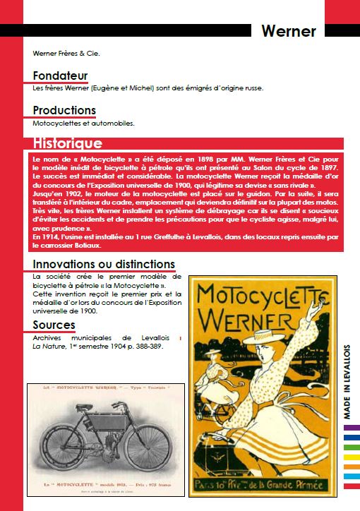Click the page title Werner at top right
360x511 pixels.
[x=288, y=31]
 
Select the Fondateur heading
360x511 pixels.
[x=60, y=76]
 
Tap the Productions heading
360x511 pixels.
[x=64, y=110]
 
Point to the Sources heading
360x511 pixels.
[x=54, y=325]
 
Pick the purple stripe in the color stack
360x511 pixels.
[x=351, y=428]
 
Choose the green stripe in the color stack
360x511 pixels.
[x=351, y=446]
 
